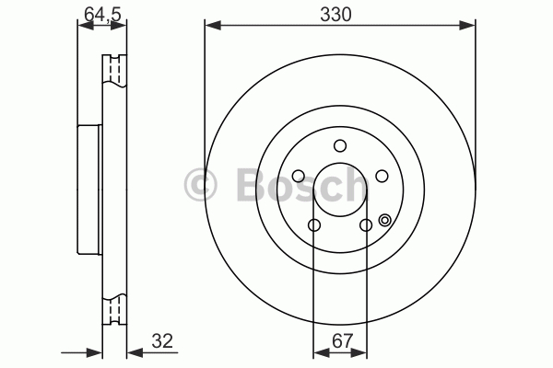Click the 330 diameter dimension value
tap(335, 15)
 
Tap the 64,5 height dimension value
tap(102, 15)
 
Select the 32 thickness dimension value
tap(162, 341)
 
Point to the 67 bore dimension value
tap(343, 341)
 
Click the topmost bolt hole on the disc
tap(340, 145)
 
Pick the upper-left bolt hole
tap(299, 176)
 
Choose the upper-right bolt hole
tap(382, 176)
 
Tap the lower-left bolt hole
tap(314, 224)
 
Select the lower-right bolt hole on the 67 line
tap(366, 224)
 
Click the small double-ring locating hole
tap(384, 221)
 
